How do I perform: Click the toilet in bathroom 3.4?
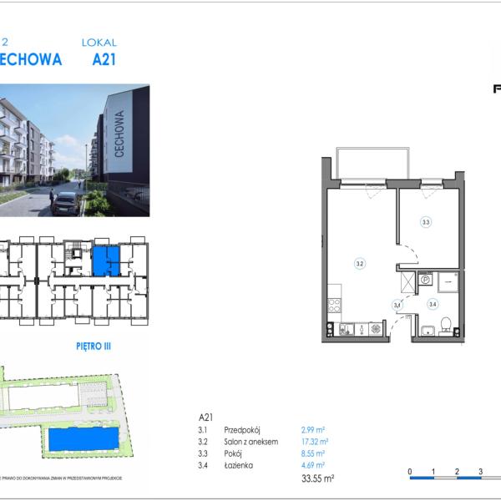click(x=448, y=324)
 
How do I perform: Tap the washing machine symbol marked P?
click(x=424, y=280)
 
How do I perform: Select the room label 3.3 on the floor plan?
click(x=426, y=222)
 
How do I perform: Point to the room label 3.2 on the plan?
click(x=359, y=264)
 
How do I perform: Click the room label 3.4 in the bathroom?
click(x=433, y=305)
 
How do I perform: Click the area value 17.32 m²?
click(x=314, y=442)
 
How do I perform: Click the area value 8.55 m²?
click(x=312, y=453)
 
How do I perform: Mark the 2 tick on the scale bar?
click(x=457, y=472)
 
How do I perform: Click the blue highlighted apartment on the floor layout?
click(x=104, y=261)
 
